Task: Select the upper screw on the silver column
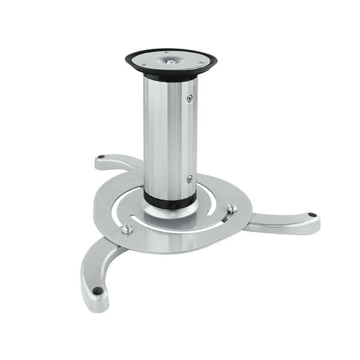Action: point(189,98)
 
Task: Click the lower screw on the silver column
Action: point(189,179)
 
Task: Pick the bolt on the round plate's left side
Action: point(127,229)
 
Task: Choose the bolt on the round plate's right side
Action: point(230,208)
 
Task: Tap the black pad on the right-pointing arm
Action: point(312,215)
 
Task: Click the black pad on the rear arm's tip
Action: point(102,157)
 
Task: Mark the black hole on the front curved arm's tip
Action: point(95,290)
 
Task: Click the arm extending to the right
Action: point(285,223)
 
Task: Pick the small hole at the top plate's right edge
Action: point(201,63)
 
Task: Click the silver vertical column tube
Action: point(168,135)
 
